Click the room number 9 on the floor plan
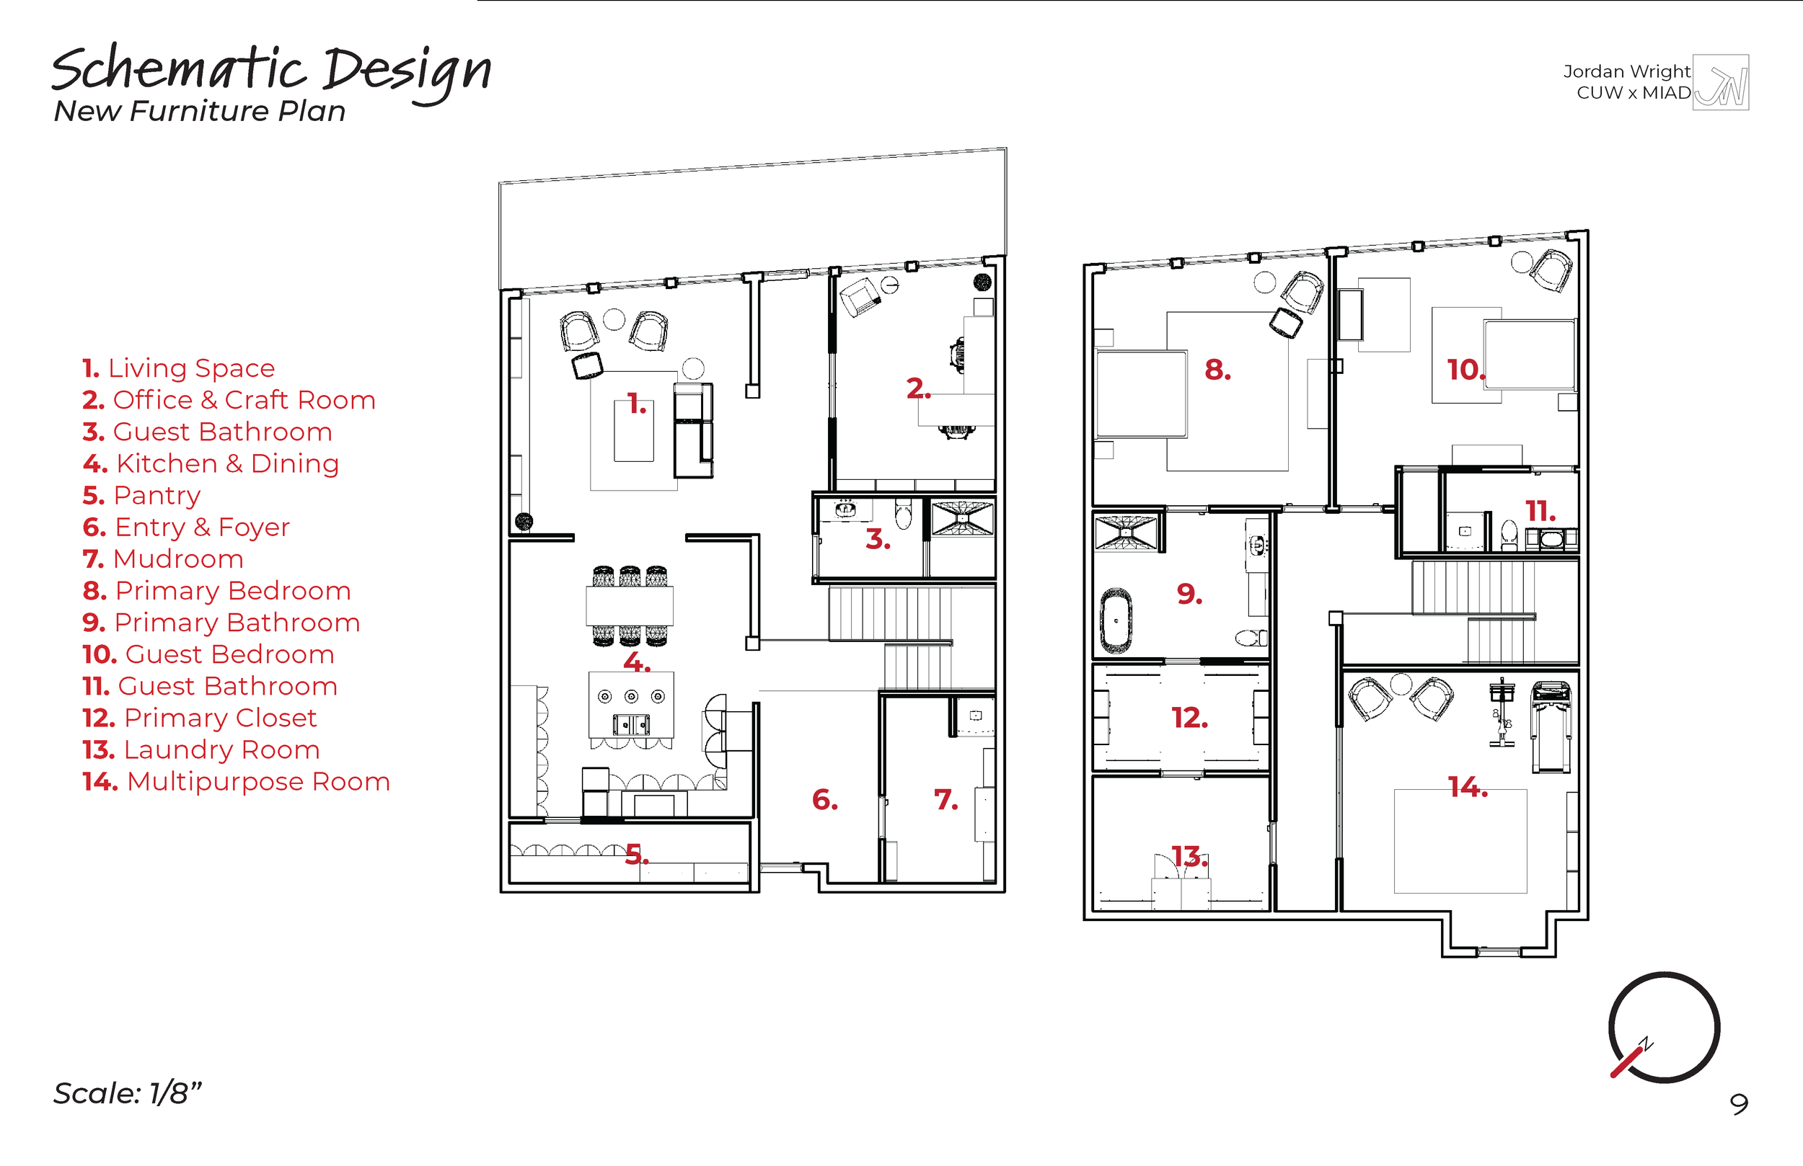[x=1189, y=594]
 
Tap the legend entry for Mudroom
[x=164, y=558]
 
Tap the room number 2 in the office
[x=917, y=388]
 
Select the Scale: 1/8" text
[x=127, y=1092]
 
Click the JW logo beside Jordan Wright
[x=1721, y=83]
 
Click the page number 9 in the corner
[x=1740, y=1104]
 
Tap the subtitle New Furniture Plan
[x=199, y=111]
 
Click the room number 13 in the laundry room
[x=1189, y=856]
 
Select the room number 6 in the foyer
[x=824, y=799]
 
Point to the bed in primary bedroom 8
[x=1141, y=393]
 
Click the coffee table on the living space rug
[x=633, y=432]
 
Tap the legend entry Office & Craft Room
[x=229, y=400]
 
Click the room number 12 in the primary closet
[x=1189, y=718]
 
